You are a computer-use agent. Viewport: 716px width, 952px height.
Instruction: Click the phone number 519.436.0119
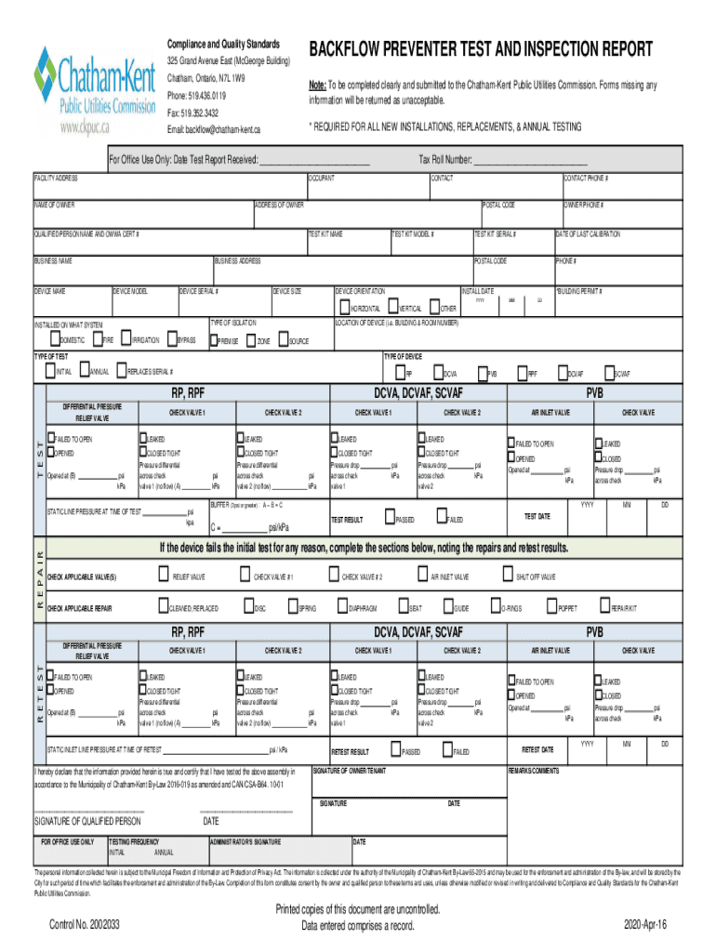coord(196,95)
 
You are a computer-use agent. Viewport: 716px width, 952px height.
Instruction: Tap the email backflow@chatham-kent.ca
coord(214,128)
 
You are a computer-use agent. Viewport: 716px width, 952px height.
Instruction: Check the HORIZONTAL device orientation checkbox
coord(344,308)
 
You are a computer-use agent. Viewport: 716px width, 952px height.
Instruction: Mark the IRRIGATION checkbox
coord(126,340)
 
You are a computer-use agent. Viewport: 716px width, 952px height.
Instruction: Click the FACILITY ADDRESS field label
coord(56,178)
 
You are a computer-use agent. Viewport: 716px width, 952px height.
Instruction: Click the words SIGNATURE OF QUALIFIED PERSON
coord(87,821)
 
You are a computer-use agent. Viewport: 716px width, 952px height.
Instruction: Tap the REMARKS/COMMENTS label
coord(534,771)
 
